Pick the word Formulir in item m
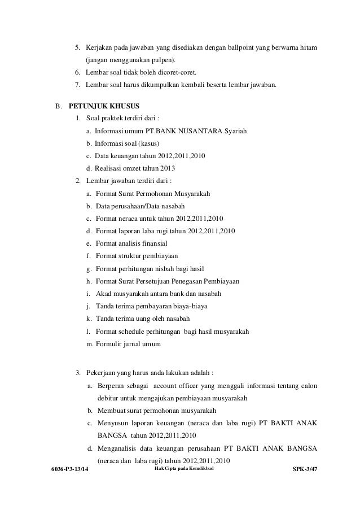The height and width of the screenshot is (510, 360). pyautogui.click(x=109, y=344)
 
